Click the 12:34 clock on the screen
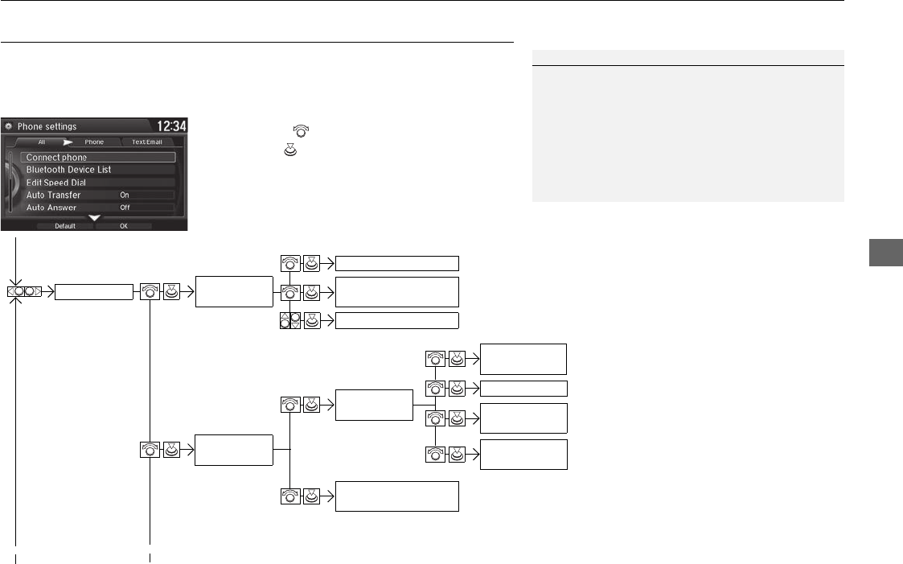tap(170, 126)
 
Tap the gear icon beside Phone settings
tap(9, 126)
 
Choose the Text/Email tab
tap(147, 142)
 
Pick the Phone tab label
tap(94, 142)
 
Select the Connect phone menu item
tap(56, 158)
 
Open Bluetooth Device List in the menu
tap(68, 170)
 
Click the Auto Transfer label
tap(53, 195)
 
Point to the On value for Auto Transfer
tap(125, 195)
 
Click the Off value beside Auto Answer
tap(125, 208)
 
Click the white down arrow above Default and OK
tap(95, 217)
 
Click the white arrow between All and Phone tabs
tap(68, 142)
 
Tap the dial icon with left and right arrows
tap(25, 292)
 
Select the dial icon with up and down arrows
tap(289, 320)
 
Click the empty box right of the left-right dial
tap(93, 292)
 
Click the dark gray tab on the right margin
tap(886, 255)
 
